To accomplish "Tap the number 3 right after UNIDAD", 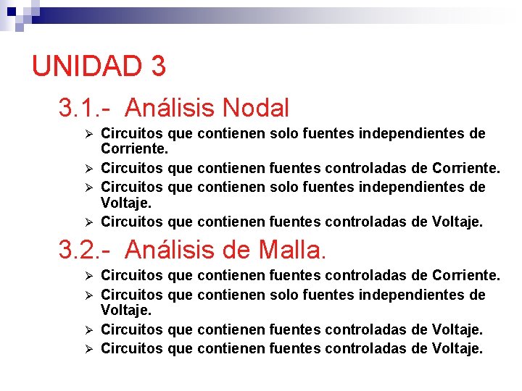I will coord(159,66).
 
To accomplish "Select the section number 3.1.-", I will coord(85,109).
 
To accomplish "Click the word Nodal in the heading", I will coord(257,109).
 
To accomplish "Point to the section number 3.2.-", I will coord(85,250).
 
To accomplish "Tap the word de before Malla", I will coord(236,250).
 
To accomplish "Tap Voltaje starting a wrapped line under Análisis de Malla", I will coord(125,311).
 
